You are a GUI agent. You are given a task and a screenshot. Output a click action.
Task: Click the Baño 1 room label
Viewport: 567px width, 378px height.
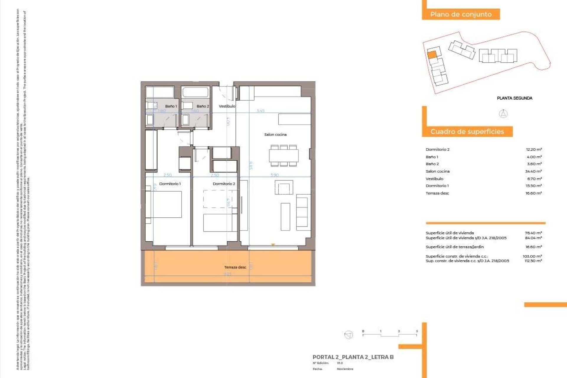(x=171, y=106)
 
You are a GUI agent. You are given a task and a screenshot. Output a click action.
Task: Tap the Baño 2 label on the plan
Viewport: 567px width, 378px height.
(x=203, y=106)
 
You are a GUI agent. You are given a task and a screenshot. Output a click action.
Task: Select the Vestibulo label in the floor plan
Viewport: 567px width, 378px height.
(x=227, y=106)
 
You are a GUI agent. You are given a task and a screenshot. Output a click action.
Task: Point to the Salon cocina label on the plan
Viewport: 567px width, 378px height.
(x=275, y=134)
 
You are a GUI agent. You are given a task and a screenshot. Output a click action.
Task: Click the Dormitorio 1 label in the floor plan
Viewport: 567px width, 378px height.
(x=170, y=184)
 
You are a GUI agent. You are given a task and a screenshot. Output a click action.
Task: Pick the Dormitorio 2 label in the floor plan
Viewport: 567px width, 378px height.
(x=224, y=184)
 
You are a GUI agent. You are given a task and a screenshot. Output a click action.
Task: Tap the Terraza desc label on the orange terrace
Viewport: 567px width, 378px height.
(x=235, y=267)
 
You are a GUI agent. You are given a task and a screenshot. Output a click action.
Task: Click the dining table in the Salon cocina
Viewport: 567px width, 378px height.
(x=283, y=156)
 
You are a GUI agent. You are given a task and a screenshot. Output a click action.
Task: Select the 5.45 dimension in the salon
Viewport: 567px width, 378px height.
(x=260, y=111)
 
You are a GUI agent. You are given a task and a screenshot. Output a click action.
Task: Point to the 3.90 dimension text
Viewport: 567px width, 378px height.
(x=274, y=175)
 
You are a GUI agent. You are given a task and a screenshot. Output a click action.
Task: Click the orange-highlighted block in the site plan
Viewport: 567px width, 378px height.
(x=432, y=55)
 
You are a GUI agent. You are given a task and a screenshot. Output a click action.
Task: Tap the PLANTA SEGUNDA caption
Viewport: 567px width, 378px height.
(x=514, y=98)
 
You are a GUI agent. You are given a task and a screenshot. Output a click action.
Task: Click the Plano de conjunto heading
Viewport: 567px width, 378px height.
(x=461, y=14)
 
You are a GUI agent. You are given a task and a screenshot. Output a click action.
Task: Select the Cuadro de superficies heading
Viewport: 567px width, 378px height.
(x=467, y=131)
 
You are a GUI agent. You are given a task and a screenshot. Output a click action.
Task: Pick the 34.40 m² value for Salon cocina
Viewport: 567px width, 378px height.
(x=533, y=171)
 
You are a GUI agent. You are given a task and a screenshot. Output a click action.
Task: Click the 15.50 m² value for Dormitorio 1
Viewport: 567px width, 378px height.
(x=533, y=186)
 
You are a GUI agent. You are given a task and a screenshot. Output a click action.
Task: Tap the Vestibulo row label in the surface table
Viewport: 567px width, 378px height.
(x=434, y=179)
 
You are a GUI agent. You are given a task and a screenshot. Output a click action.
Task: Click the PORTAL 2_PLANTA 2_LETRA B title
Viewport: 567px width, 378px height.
(x=353, y=357)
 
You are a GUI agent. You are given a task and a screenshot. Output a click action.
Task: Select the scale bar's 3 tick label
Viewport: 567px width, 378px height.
(x=417, y=331)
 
